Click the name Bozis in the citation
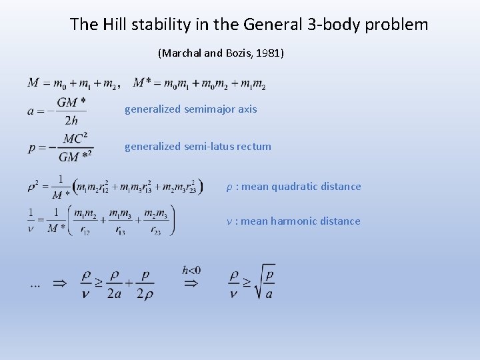(237, 53)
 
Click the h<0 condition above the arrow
(191, 270)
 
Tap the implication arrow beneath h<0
(191, 283)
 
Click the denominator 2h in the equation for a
(71, 121)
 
